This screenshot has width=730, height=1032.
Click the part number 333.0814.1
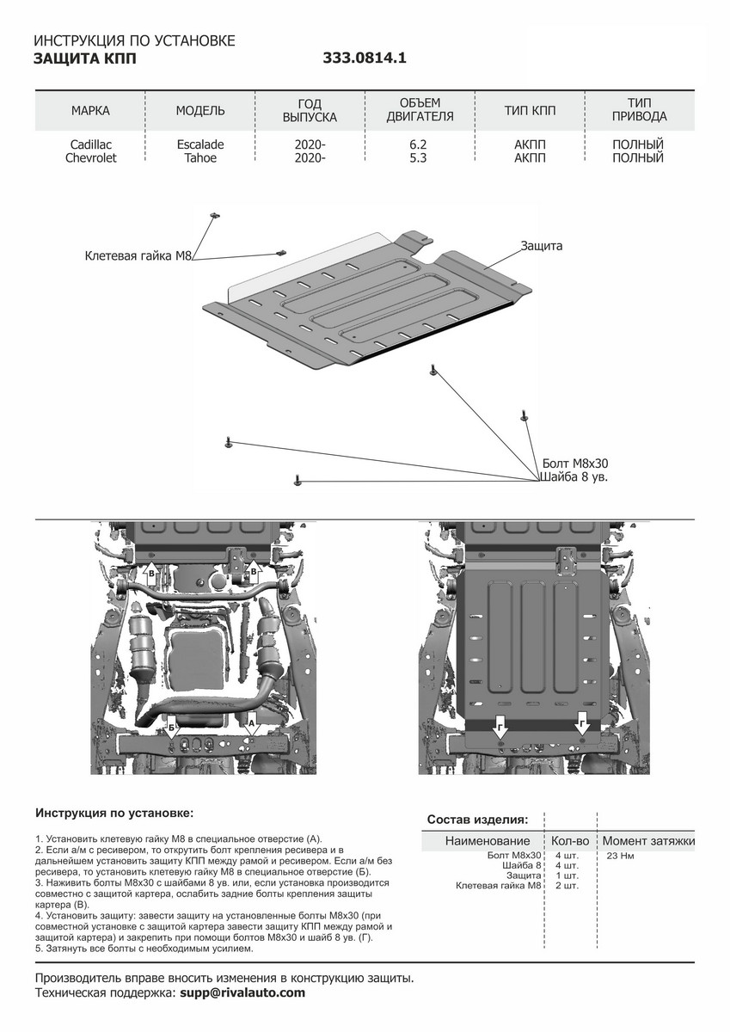(365, 58)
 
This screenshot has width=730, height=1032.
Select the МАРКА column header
(90, 111)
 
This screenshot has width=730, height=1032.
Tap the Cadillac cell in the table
(90, 145)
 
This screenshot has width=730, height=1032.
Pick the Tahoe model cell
(200, 158)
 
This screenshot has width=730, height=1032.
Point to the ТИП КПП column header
(530, 111)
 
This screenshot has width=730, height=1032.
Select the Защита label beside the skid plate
(541, 246)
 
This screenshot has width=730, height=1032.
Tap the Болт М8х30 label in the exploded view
(573, 463)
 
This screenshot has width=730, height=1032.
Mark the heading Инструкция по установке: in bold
(114, 812)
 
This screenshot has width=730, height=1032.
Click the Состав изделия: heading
(477, 819)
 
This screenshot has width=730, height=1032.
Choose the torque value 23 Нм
(620, 857)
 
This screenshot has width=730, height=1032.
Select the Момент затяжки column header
(648, 840)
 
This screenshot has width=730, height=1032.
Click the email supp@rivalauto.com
(242, 992)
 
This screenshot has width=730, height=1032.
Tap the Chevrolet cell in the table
(90, 158)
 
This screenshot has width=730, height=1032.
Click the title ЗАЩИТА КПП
(84, 58)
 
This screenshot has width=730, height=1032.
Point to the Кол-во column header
(570, 840)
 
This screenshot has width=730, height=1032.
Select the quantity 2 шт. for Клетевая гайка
(567, 885)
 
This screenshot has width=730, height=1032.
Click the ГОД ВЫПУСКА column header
(310, 111)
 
